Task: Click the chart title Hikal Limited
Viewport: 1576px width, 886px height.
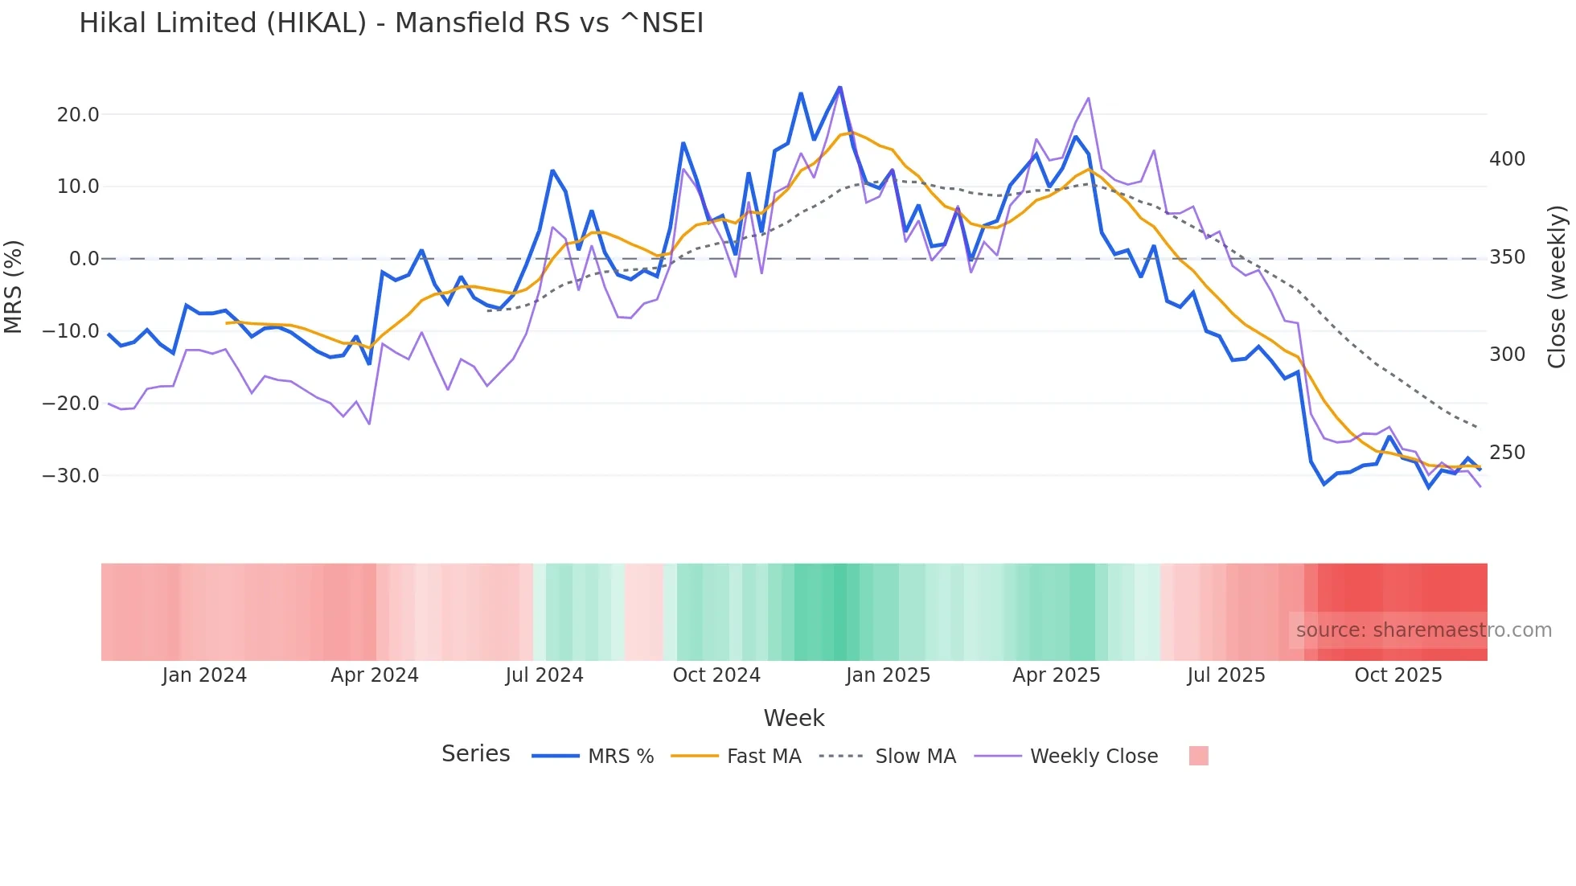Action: click(x=391, y=23)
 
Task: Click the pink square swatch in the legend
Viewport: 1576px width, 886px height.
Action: click(x=1198, y=756)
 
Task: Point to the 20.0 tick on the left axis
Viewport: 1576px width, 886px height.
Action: click(x=78, y=115)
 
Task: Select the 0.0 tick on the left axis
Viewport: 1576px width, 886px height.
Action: click(x=84, y=259)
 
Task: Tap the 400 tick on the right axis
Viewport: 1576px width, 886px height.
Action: click(x=1507, y=159)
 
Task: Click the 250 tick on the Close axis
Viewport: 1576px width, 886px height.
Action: click(x=1507, y=453)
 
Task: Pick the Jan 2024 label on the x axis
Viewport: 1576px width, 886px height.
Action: click(x=204, y=675)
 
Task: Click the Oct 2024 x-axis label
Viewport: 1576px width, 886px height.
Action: click(x=716, y=675)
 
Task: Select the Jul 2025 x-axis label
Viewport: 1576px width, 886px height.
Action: click(x=1226, y=675)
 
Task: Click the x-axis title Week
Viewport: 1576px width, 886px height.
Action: click(x=794, y=718)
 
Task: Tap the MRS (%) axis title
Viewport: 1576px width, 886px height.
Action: click(x=14, y=287)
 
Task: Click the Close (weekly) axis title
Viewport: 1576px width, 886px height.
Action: click(x=1557, y=287)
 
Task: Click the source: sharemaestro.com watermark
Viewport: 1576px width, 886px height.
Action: click(x=1423, y=630)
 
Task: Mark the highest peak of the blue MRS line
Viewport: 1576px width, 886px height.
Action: click(x=839, y=88)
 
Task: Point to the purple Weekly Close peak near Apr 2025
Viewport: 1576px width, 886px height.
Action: click(x=1088, y=99)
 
